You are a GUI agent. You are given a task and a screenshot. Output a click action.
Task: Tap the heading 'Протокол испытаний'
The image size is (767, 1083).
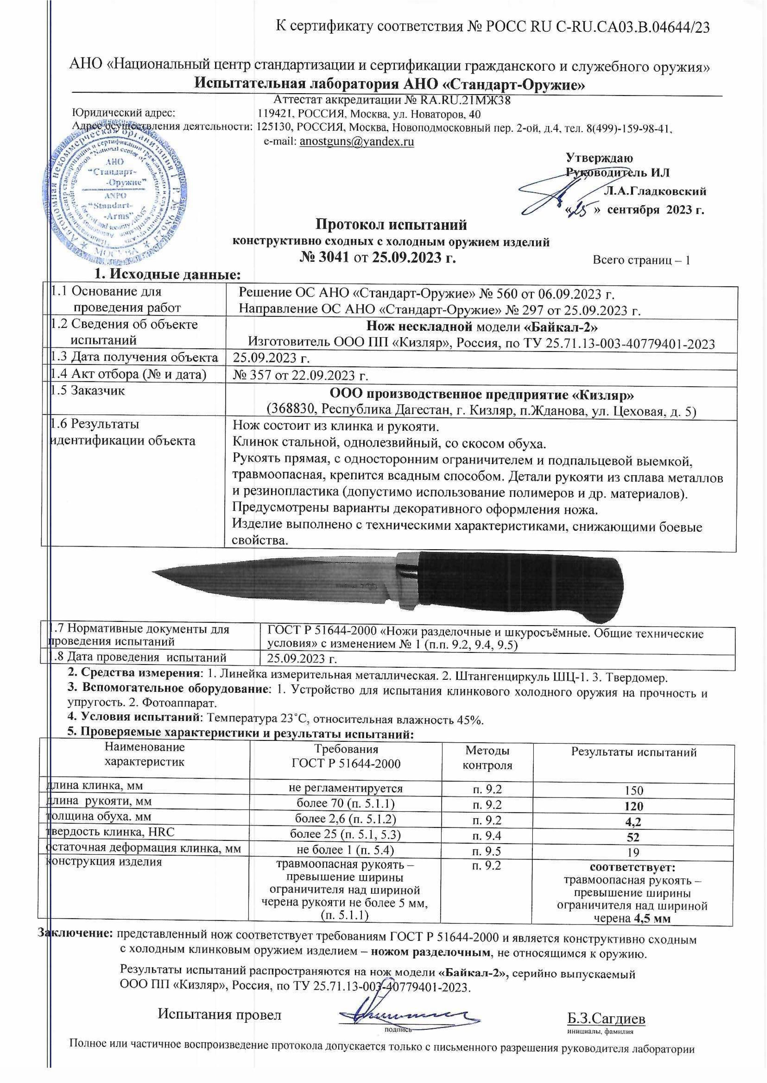[x=391, y=223]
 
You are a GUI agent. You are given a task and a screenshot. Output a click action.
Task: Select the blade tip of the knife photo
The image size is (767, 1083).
[x=156, y=572]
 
